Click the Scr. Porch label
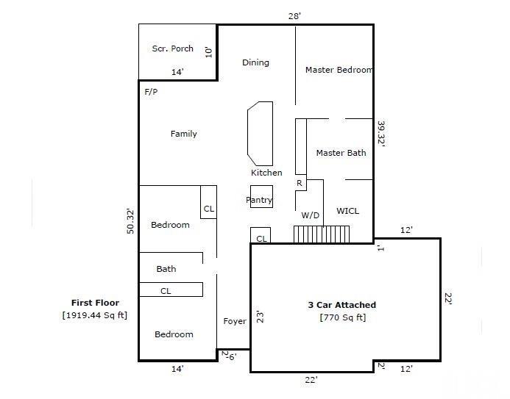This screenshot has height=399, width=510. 173,48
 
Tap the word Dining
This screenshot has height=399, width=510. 255,62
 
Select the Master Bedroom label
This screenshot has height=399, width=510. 339,70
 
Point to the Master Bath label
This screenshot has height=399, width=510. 341,153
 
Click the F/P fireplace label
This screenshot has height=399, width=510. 151,93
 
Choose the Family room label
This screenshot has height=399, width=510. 183,134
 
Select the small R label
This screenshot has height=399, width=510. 300,182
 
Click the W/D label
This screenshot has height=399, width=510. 310,215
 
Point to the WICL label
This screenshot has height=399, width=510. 347,211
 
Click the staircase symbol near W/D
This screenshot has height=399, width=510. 321,234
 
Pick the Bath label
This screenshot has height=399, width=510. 166,269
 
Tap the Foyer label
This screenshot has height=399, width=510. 235,321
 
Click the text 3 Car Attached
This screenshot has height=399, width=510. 341,304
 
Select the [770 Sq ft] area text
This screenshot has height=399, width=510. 342,317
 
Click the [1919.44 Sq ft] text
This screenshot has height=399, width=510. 95,315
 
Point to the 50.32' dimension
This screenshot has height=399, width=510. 131,221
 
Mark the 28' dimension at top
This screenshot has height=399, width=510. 294,15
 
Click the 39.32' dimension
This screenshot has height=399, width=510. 381,134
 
